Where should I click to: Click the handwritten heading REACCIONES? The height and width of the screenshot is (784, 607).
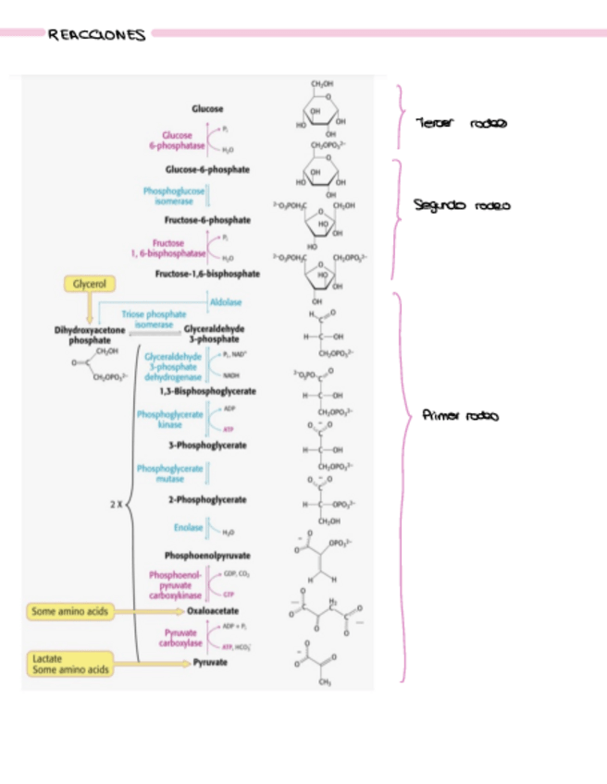click(x=96, y=35)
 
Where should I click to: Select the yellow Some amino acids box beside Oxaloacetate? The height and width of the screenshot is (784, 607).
click(x=70, y=611)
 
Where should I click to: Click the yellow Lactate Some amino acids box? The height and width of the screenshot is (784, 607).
click(x=70, y=663)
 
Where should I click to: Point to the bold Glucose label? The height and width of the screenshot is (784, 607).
click(x=208, y=110)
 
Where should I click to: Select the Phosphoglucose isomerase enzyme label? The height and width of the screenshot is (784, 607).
click(x=173, y=195)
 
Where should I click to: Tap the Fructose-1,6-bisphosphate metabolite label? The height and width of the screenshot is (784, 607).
click(x=207, y=274)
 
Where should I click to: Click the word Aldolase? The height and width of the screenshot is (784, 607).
click(x=226, y=302)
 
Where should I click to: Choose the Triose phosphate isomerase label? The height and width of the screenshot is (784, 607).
click(x=154, y=319)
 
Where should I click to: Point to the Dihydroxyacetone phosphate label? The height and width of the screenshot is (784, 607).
click(x=89, y=335)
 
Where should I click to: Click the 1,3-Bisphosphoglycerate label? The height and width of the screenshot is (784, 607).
click(x=206, y=391)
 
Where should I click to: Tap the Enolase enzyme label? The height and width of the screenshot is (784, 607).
click(x=188, y=528)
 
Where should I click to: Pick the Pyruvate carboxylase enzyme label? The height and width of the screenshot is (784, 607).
click(x=180, y=637)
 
